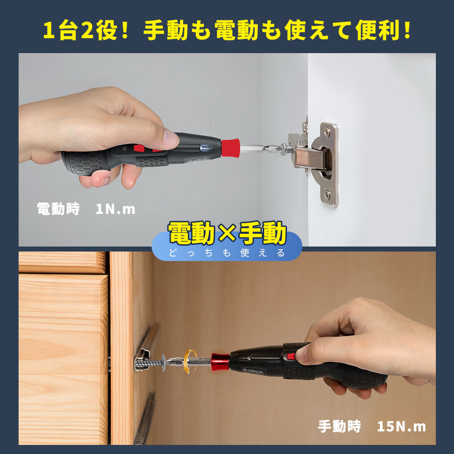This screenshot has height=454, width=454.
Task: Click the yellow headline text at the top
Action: tap(227, 30)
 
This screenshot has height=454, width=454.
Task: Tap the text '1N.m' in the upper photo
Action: tap(115, 209)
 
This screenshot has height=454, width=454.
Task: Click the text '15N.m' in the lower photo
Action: tap(401, 427)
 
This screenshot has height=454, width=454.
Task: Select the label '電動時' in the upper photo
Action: tap(58, 209)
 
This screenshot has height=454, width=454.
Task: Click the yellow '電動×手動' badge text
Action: tap(227, 234)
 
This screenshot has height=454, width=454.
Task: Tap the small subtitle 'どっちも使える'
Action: tap(227, 253)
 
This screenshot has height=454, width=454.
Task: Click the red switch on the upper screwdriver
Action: tap(138, 148)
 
